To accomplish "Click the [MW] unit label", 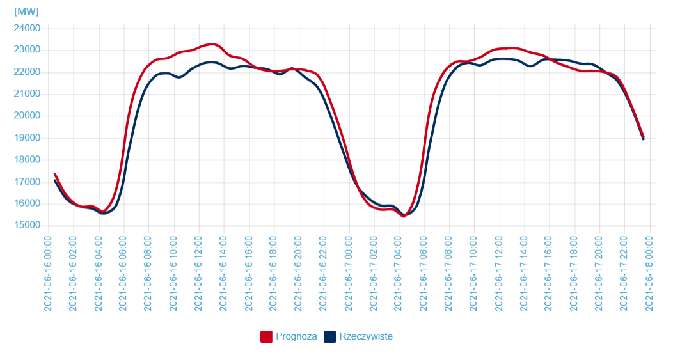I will (26, 12).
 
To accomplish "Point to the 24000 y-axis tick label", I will (27, 28).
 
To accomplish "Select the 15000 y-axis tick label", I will (27, 226).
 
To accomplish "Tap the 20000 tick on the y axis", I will (27, 116).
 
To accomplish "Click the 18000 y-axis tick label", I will (27, 160).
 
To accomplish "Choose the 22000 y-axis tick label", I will (27, 72).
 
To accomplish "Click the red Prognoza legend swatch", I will (267, 336).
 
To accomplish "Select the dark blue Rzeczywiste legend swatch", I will (330, 336).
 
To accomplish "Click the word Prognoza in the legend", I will (296, 336).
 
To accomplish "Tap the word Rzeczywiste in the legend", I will (366, 336).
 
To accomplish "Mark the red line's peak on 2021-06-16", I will (212, 44).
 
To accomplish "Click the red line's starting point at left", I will (55, 174).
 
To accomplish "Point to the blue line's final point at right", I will (643, 139).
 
